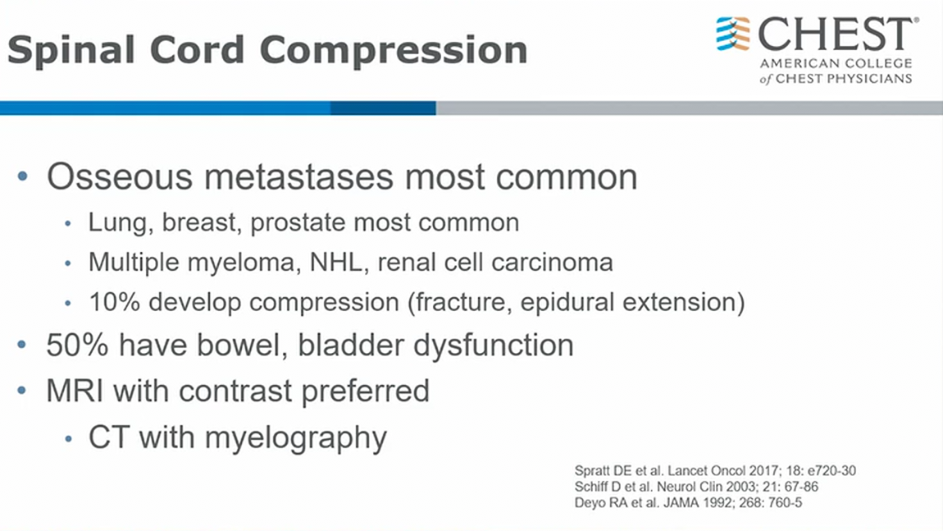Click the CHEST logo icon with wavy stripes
click(733, 34)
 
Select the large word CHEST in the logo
click(836, 34)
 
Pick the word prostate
click(298, 223)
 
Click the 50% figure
click(78, 346)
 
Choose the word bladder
click(351, 346)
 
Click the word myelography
click(296, 438)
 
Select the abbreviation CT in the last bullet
click(109, 437)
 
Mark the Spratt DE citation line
click(715, 471)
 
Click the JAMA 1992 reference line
click(688, 503)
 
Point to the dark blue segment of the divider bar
click(383, 108)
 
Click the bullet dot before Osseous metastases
click(23, 176)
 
